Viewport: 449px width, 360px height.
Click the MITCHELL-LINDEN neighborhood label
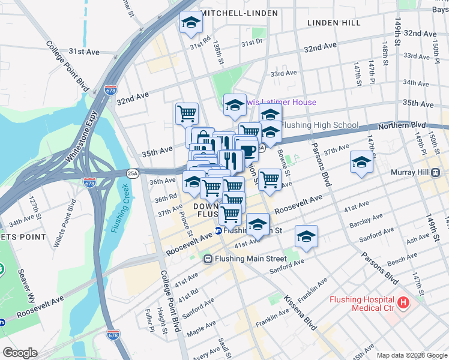240,13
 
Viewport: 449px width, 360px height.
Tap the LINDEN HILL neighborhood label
334,23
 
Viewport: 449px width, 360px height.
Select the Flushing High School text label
319,125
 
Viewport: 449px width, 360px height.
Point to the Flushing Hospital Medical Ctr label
361,304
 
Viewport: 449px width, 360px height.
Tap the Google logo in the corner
20,353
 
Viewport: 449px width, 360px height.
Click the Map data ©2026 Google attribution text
411,355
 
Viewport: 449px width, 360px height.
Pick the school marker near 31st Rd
191,22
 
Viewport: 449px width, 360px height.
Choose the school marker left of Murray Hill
361,162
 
